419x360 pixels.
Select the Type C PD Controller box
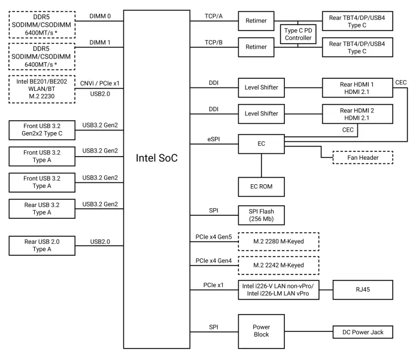(x=297, y=33)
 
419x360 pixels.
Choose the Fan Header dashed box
(x=357, y=157)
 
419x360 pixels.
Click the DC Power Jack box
(x=362, y=331)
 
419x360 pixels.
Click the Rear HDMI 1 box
(x=357, y=87)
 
